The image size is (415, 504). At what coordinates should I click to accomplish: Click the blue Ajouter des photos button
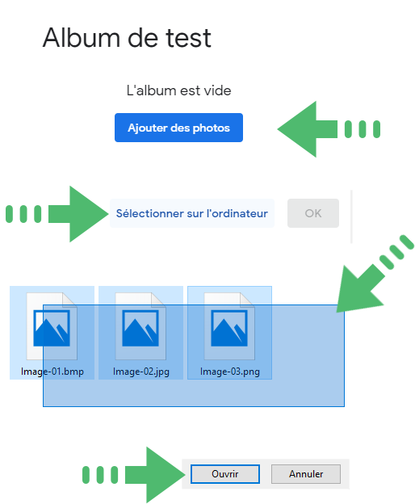pyautogui.click(x=178, y=128)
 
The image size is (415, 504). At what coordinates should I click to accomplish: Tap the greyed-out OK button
pyautogui.click(x=313, y=213)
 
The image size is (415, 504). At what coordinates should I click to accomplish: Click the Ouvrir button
pyautogui.click(x=224, y=474)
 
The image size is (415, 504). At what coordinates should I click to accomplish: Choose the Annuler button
pyautogui.click(x=306, y=474)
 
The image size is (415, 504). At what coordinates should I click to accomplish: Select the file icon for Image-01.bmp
pyautogui.click(x=52, y=326)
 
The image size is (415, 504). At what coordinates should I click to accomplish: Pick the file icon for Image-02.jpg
pyautogui.click(x=140, y=326)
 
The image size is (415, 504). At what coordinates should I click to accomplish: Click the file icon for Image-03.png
pyautogui.click(x=229, y=326)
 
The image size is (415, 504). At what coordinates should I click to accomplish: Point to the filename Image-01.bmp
pyautogui.click(x=52, y=372)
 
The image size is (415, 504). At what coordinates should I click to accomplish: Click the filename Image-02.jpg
pyautogui.click(x=141, y=372)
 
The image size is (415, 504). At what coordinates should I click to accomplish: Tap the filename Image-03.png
pyautogui.click(x=230, y=372)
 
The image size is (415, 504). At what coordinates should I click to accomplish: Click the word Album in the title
pyautogui.click(x=82, y=38)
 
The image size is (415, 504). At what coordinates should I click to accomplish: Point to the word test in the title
pyautogui.click(x=189, y=39)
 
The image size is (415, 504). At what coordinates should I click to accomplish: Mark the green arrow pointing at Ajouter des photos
pyautogui.click(x=329, y=129)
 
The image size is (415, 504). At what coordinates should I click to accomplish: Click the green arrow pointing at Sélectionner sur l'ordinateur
pyautogui.click(x=57, y=214)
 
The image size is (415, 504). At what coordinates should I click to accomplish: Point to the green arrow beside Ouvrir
pyautogui.click(x=134, y=475)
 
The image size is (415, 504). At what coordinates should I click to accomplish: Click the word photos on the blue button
pyautogui.click(x=212, y=128)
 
